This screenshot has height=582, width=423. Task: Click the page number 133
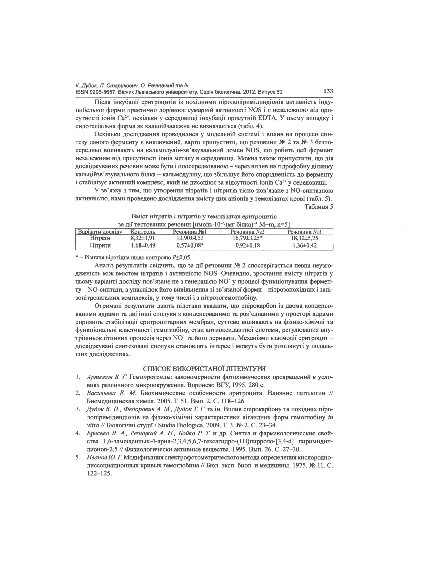328,91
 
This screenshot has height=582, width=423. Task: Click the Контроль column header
143,232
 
